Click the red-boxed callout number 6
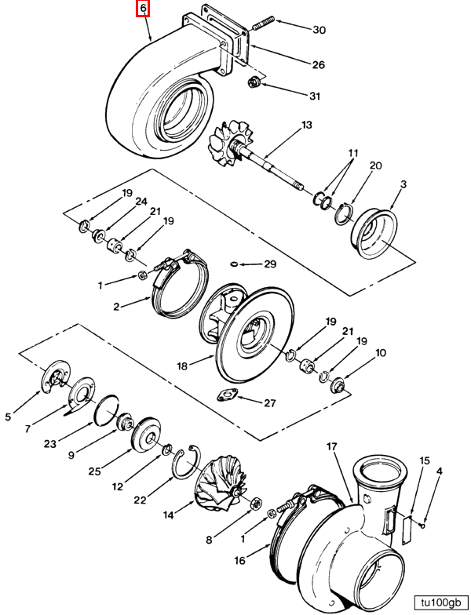pyautogui.click(x=142, y=9)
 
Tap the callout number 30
pyautogui.click(x=319, y=31)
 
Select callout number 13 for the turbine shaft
pyautogui.click(x=306, y=125)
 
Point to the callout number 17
pyautogui.click(x=331, y=446)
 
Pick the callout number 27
pyautogui.click(x=269, y=404)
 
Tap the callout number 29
pyautogui.click(x=270, y=264)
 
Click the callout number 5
pyautogui.click(x=8, y=417)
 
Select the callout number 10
pyautogui.click(x=381, y=353)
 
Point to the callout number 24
pyautogui.click(x=141, y=202)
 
